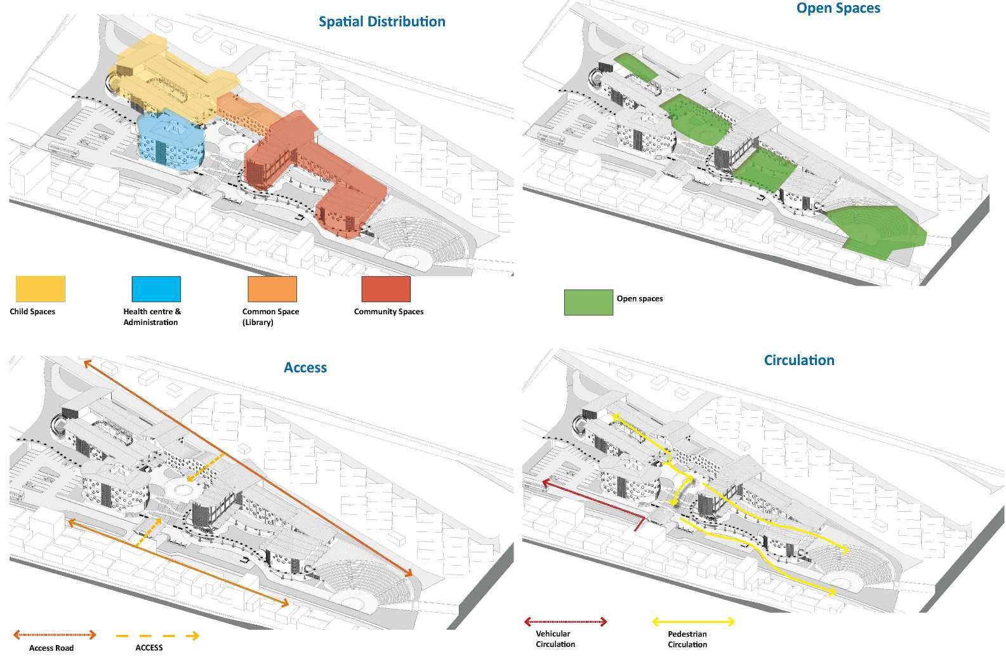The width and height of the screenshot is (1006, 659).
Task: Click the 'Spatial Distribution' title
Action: point(381,22)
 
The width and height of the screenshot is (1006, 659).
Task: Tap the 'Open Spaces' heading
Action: point(838,8)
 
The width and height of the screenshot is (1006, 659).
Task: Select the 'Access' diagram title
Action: point(305,368)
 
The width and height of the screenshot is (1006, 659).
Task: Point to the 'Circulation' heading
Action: point(799,361)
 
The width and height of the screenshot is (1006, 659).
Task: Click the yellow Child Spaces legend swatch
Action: point(40,289)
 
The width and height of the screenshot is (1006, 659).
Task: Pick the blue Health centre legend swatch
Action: point(156,289)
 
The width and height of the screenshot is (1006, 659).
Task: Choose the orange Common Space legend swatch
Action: point(272,289)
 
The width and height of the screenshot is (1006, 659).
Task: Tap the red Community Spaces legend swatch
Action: point(386,289)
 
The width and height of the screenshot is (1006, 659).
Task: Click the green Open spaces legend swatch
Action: point(588,303)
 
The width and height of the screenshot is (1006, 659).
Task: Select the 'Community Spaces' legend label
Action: point(388,312)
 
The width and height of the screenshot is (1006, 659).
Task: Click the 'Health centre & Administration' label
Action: point(152,317)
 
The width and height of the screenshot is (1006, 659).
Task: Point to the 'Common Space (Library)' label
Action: point(270,317)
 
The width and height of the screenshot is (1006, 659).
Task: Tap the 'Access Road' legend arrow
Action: point(55,634)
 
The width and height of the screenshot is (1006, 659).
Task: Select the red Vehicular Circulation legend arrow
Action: point(566,622)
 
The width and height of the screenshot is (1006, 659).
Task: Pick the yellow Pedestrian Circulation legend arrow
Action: point(694,622)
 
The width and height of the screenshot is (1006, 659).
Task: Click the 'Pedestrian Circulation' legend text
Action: point(687,639)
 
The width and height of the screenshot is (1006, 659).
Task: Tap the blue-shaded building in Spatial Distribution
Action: point(170,143)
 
